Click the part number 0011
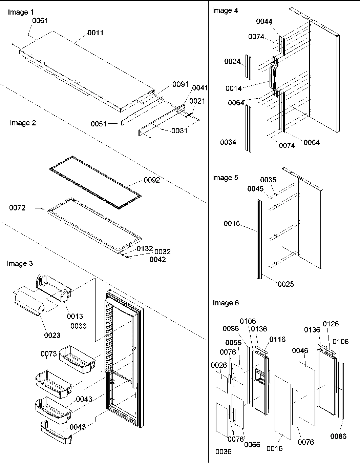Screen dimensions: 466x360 tap(95, 33)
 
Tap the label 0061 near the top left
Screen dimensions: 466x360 tap(40, 21)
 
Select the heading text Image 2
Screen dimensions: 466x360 tap(23, 123)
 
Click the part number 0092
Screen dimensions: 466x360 tap(152, 180)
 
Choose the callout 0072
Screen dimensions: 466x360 tap(17, 208)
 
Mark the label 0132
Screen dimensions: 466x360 tap(145, 249)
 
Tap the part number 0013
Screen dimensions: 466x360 tap(75, 316)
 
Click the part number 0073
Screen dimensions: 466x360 tap(49, 354)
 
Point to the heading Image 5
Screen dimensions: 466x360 tap(225, 178)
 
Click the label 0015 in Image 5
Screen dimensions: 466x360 tap(232, 223)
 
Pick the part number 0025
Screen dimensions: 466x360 tap(286, 284)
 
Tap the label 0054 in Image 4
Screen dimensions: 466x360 tap(311, 143)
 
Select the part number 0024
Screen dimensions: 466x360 tap(232, 61)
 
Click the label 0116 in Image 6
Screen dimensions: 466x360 tap(277, 339)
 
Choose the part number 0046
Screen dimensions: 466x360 tap(300, 350)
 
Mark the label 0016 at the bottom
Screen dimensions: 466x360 tap(274, 448)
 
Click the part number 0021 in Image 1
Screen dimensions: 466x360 tap(197, 101)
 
